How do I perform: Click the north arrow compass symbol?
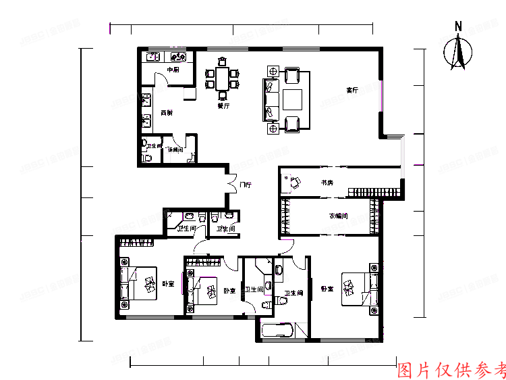[459, 53]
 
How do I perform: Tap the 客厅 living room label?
[352, 89]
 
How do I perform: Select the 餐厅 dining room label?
[223, 105]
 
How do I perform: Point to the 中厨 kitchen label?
[173, 70]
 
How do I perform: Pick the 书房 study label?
[327, 183]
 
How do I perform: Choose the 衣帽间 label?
[338, 216]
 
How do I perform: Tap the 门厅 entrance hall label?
[245, 185]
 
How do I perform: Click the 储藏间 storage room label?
[175, 149]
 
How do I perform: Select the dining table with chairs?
[222, 78]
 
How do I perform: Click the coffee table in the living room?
[292, 99]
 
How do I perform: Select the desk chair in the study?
[294, 181]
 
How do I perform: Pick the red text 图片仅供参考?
[451, 370]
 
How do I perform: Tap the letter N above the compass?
[458, 26]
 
